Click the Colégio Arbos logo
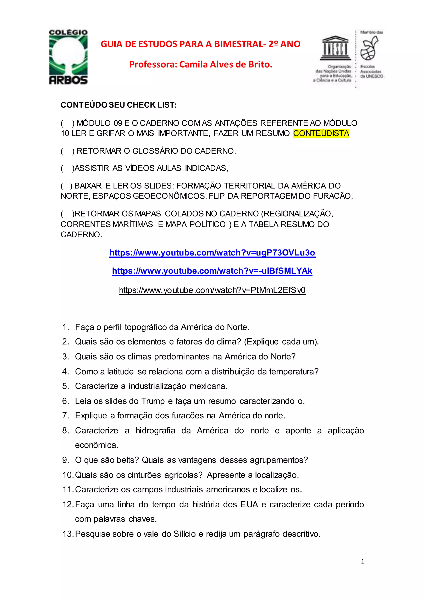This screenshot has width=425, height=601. (68, 57)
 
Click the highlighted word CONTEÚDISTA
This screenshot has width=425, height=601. (321, 133)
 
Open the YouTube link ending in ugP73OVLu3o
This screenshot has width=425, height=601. (212, 253)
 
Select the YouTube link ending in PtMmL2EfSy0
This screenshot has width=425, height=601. (212, 290)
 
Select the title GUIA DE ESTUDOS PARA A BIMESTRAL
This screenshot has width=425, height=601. (200, 44)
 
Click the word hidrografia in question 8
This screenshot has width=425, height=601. (155, 431)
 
